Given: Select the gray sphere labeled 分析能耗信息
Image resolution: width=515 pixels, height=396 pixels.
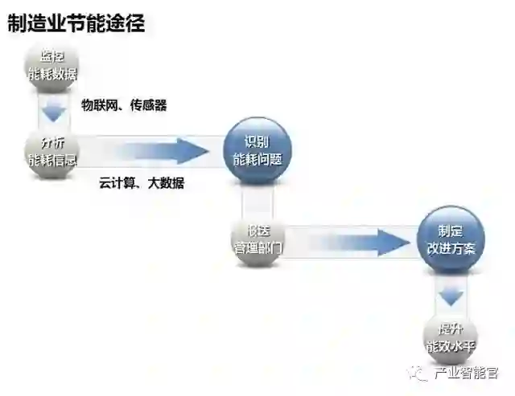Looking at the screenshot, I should tap(52, 150).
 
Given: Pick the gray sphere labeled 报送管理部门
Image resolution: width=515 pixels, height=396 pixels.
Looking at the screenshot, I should tap(253, 239).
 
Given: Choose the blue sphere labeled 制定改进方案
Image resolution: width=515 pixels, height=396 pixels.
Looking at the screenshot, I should tap(451, 239).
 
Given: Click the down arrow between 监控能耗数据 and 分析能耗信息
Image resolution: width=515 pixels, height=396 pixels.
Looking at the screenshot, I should tap(53, 108).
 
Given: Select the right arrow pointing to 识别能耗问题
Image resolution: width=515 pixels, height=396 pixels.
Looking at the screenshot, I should tap(153, 150).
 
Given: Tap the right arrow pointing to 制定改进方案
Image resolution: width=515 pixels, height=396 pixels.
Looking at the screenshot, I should tap(354, 239).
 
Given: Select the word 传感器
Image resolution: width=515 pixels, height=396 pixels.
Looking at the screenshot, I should tap(148, 105).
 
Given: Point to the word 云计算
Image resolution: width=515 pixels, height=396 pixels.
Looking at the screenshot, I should tap(117, 184).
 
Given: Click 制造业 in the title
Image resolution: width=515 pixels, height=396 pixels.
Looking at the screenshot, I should tap(35, 23).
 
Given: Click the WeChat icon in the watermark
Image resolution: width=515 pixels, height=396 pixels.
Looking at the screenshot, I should tap(420, 374).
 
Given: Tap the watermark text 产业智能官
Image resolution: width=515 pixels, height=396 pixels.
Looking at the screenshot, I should tap(467, 374).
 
